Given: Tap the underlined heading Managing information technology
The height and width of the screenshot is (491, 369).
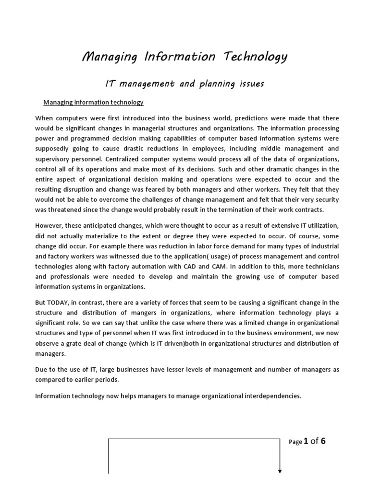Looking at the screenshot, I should tap(93, 102).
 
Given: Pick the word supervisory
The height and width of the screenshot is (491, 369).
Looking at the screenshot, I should tap(55, 159).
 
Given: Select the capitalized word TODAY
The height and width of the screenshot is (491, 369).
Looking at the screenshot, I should tap(62, 302).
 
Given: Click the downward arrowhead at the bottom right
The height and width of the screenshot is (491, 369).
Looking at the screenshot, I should tap(280, 471).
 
